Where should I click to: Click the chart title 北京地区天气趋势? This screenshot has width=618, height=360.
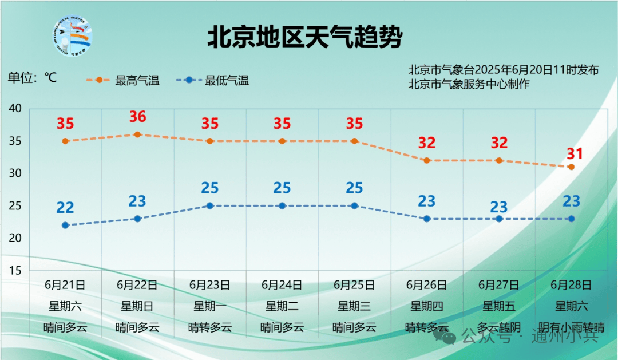pyautogui.click(x=304, y=37)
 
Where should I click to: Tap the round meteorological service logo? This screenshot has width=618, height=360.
pyautogui.click(x=73, y=36)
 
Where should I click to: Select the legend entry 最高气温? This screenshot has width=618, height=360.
pyautogui.click(x=123, y=81)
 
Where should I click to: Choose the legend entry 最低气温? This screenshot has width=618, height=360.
pyautogui.click(x=213, y=81)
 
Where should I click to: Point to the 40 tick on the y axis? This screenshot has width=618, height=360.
pyautogui.click(x=15, y=108)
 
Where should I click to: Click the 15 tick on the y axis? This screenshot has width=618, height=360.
pyautogui.click(x=15, y=271)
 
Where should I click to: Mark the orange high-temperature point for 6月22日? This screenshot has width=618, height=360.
pyautogui.click(x=137, y=134)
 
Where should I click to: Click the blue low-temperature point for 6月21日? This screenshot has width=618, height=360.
pyautogui.click(x=65, y=225)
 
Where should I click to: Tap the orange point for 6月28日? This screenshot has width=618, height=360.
pyautogui.click(x=571, y=167)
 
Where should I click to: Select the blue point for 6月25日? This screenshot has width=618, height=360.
pyautogui.click(x=354, y=206)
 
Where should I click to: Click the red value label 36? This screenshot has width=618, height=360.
pyautogui.click(x=137, y=117)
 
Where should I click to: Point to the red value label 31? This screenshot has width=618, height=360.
pyautogui.click(x=575, y=154)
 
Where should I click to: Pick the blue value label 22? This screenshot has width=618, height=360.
pyautogui.click(x=65, y=207)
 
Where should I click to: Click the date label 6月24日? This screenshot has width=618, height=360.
pyautogui.click(x=282, y=285)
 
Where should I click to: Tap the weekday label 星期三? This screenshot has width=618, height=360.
pyautogui.click(x=354, y=306)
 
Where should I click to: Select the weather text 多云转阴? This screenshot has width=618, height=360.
pyautogui.click(x=499, y=327)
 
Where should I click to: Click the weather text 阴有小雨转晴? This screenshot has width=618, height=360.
pyautogui.click(x=572, y=327)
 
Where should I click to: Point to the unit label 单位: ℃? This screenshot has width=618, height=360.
pyautogui.click(x=32, y=77)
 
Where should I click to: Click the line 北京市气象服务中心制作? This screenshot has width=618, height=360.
pyautogui.click(x=469, y=84)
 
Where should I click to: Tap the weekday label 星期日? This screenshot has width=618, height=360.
pyautogui.click(x=137, y=306)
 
